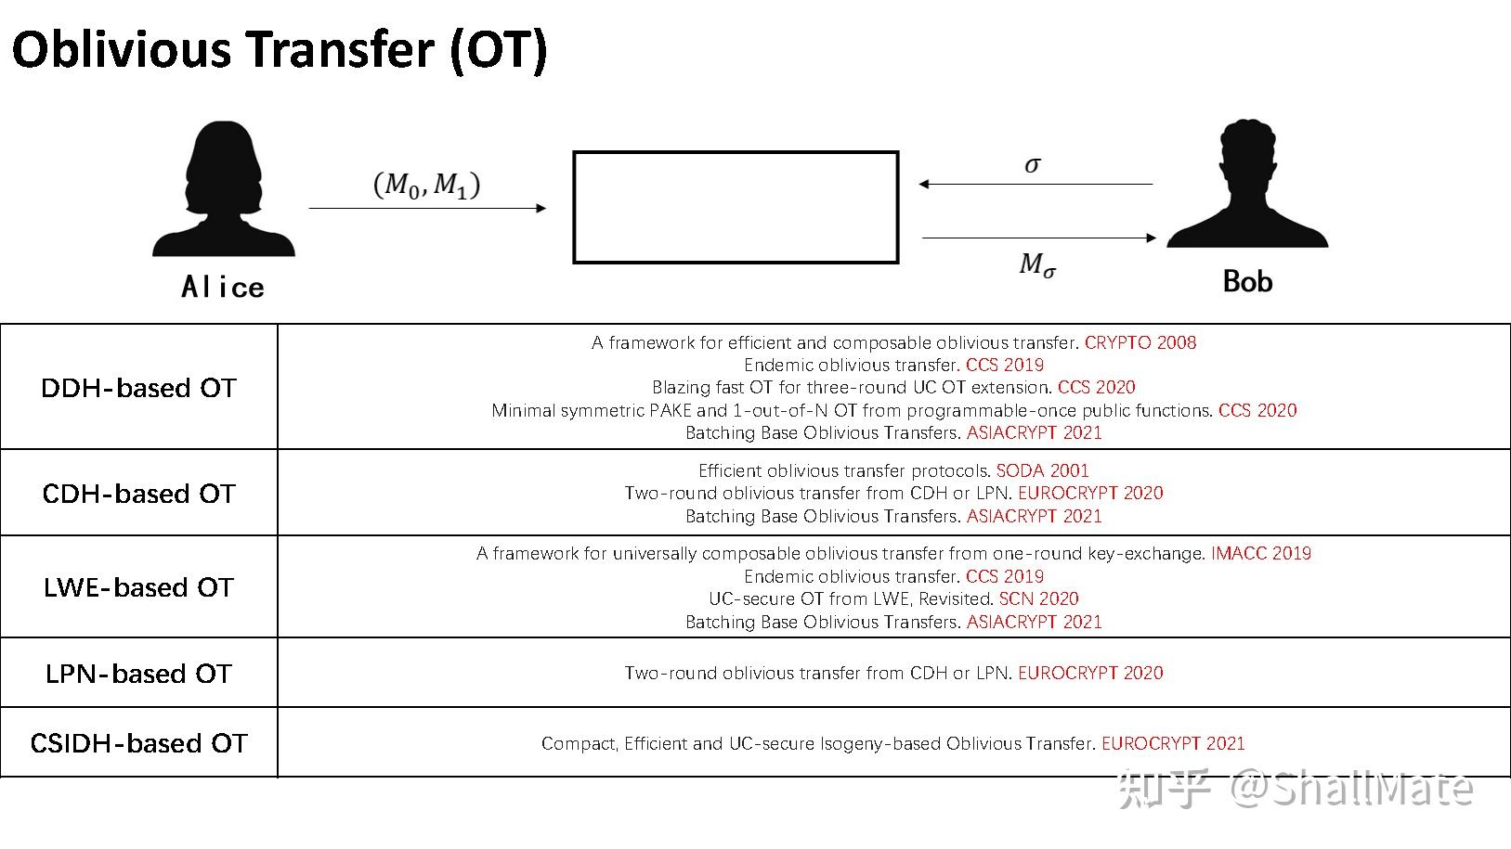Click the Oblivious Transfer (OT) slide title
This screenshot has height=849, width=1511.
point(280,49)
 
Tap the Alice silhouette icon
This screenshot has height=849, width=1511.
point(223,190)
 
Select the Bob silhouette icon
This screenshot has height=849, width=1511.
point(1247,185)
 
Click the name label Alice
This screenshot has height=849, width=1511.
point(223,287)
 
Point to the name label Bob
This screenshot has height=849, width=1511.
point(1246,281)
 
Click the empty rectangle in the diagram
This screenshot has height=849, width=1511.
point(736,207)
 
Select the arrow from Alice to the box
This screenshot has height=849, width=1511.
point(427,209)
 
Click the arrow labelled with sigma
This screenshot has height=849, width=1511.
point(1036,184)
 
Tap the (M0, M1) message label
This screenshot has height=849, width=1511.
point(426,184)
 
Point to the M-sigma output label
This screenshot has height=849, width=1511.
point(1037,266)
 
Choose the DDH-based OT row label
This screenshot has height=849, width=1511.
point(139,388)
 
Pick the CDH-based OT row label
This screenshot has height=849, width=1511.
point(139,494)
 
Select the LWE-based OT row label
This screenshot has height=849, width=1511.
point(139,587)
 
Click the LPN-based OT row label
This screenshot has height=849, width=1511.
point(139,674)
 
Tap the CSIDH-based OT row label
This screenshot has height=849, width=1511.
point(139,743)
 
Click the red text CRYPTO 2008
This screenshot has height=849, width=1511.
point(1140,342)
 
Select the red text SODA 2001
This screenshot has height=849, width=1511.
point(1042,470)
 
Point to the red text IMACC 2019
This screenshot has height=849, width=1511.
point(1260,553)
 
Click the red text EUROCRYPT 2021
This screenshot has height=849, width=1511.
point(1173,743)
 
